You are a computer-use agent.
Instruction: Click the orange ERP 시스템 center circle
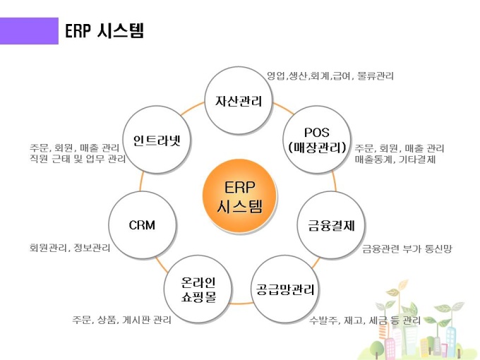click(x=239, y=197)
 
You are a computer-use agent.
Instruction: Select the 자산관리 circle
click(x=239, y=101)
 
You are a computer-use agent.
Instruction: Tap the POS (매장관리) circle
click(x=316, y=139)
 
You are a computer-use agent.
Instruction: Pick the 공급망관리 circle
click(x=284, y=289)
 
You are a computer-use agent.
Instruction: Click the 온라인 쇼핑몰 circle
click(x=198, y=289)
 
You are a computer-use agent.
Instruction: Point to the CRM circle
click(x=142, y=225)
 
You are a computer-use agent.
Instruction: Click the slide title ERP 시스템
click(x=104, y=31)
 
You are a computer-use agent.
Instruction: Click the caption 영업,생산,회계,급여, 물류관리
click(x=330, y=76)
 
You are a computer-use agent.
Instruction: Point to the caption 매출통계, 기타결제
click(x=395, y=160)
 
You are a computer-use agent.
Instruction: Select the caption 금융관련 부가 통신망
click(x=407, y=248)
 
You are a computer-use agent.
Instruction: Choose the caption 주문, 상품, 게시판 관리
click(x=121, y=320)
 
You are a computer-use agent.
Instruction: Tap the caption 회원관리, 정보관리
click(x=70, y=248)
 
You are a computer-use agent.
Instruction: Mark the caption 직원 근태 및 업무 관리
click(x=78, y=160)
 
